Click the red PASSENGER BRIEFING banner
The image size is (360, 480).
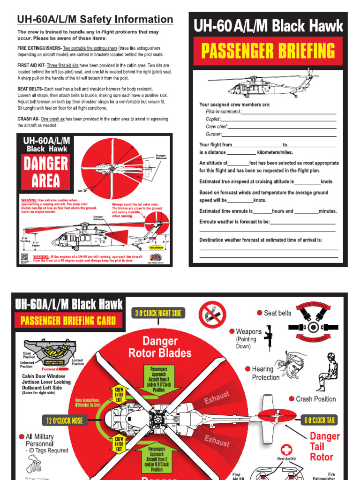point(268,51)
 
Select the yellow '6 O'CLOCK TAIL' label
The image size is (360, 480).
point(321,420)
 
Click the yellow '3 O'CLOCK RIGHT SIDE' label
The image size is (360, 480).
point(158,313)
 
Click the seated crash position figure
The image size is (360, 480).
point(327,371)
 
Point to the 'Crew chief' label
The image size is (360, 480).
point(217,127)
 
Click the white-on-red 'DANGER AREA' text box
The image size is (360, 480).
point(45,172)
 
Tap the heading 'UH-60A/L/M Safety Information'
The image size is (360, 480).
point(95,19)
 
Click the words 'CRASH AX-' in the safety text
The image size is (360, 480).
point(29,119)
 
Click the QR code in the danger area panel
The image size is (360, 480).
point(25,258)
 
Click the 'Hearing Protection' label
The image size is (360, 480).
point(268,373)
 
